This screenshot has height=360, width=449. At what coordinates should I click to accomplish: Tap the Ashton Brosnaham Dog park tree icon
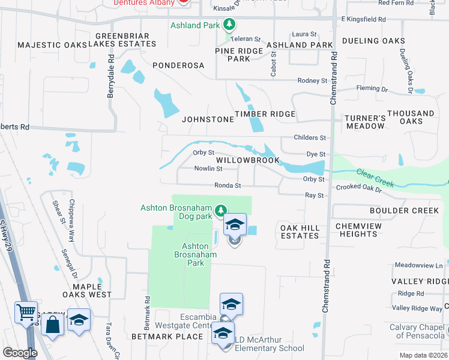(x=221, y=210)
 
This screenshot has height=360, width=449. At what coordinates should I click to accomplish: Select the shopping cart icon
(x=26, y=312)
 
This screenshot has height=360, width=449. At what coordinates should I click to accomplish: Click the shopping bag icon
(x=53, y=326)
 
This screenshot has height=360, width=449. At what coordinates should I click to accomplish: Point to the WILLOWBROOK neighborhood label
(x=248, y=160)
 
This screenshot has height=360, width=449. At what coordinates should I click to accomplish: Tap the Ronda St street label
(x=228, y=186)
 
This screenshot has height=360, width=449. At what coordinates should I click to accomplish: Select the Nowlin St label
(x=208, y=169)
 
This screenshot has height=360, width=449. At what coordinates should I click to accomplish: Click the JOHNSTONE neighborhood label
(x=208, y=119)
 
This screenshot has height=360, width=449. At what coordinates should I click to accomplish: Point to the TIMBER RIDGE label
(x=265, y=114)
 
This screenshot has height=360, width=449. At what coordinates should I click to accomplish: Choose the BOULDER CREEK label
(x=405, y=211)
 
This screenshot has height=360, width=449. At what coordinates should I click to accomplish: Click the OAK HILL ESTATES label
(x=300, y=231)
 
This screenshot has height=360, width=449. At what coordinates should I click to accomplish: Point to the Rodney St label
(x=313, y=80)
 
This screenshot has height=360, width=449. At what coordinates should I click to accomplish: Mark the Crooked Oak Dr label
(x=359, y=188)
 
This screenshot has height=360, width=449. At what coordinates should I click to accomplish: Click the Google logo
(x=20, y=352)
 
